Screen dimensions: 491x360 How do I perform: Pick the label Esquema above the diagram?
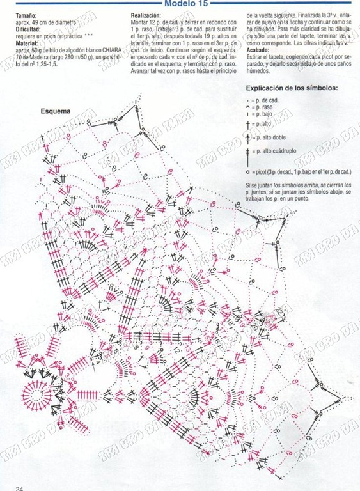(55, 111)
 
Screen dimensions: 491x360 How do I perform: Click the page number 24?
(20, 487)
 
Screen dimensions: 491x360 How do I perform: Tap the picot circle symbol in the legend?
(248, 173)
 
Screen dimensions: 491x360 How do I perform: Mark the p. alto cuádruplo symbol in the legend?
(248, 153)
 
